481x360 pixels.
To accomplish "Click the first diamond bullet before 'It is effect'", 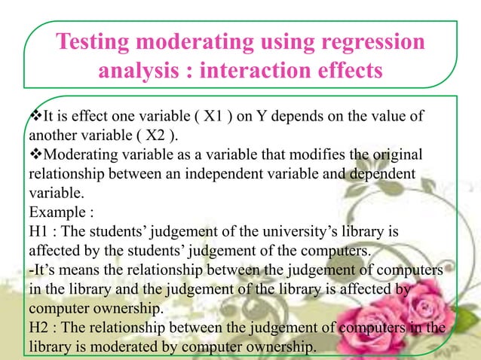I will [x=35, y=117].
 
